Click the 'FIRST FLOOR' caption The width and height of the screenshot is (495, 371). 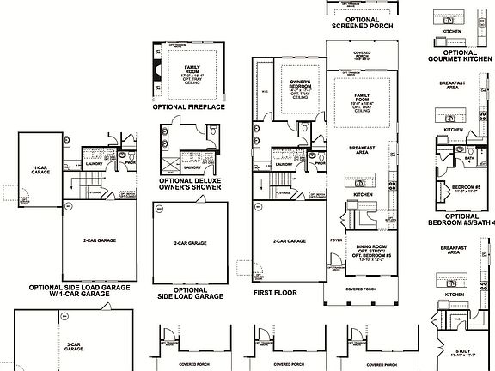[x=275, y=292]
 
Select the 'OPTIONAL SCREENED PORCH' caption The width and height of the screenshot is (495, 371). [x=363, y=21]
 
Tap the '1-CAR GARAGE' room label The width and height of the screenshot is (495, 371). [x=40, y=170]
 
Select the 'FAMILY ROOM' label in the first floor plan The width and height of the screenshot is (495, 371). [x=362, y=100]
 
